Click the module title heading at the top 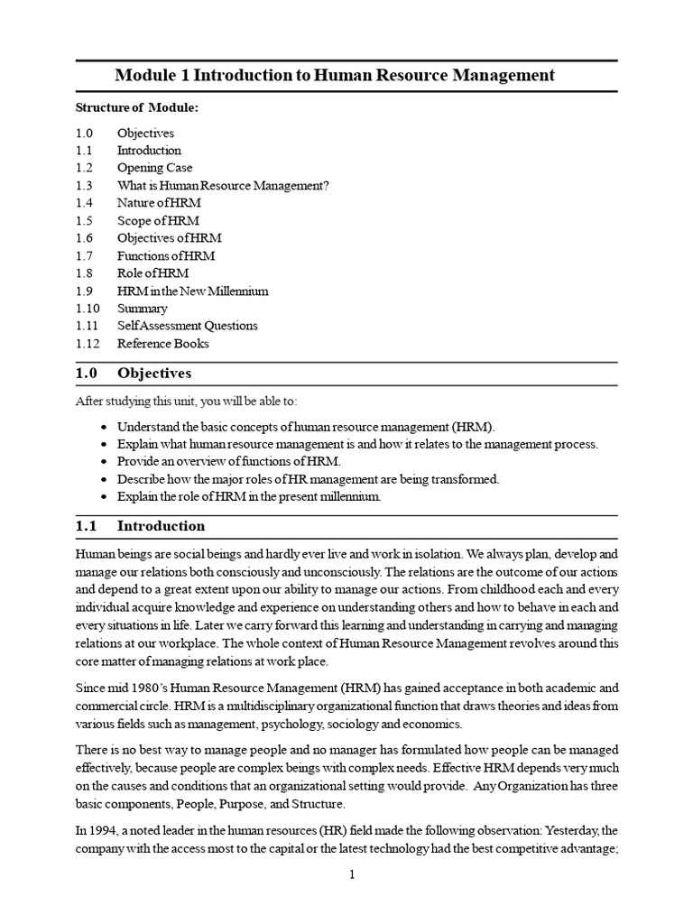click(346, 75)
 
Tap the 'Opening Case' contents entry click(154, 168)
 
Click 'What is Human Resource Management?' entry click(223, 186)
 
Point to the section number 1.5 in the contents click(84, 221)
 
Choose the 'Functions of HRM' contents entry click(166, 256)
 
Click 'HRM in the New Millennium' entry click(192, 291)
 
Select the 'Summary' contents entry click(142, 309)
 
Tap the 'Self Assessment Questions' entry click(187, 326)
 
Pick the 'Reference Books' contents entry click(162, 344)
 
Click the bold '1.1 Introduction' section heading click(140, 526)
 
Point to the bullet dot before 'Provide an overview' click(106, 462)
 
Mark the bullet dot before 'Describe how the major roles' click(106, 479)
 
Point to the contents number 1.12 click(88, 344)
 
